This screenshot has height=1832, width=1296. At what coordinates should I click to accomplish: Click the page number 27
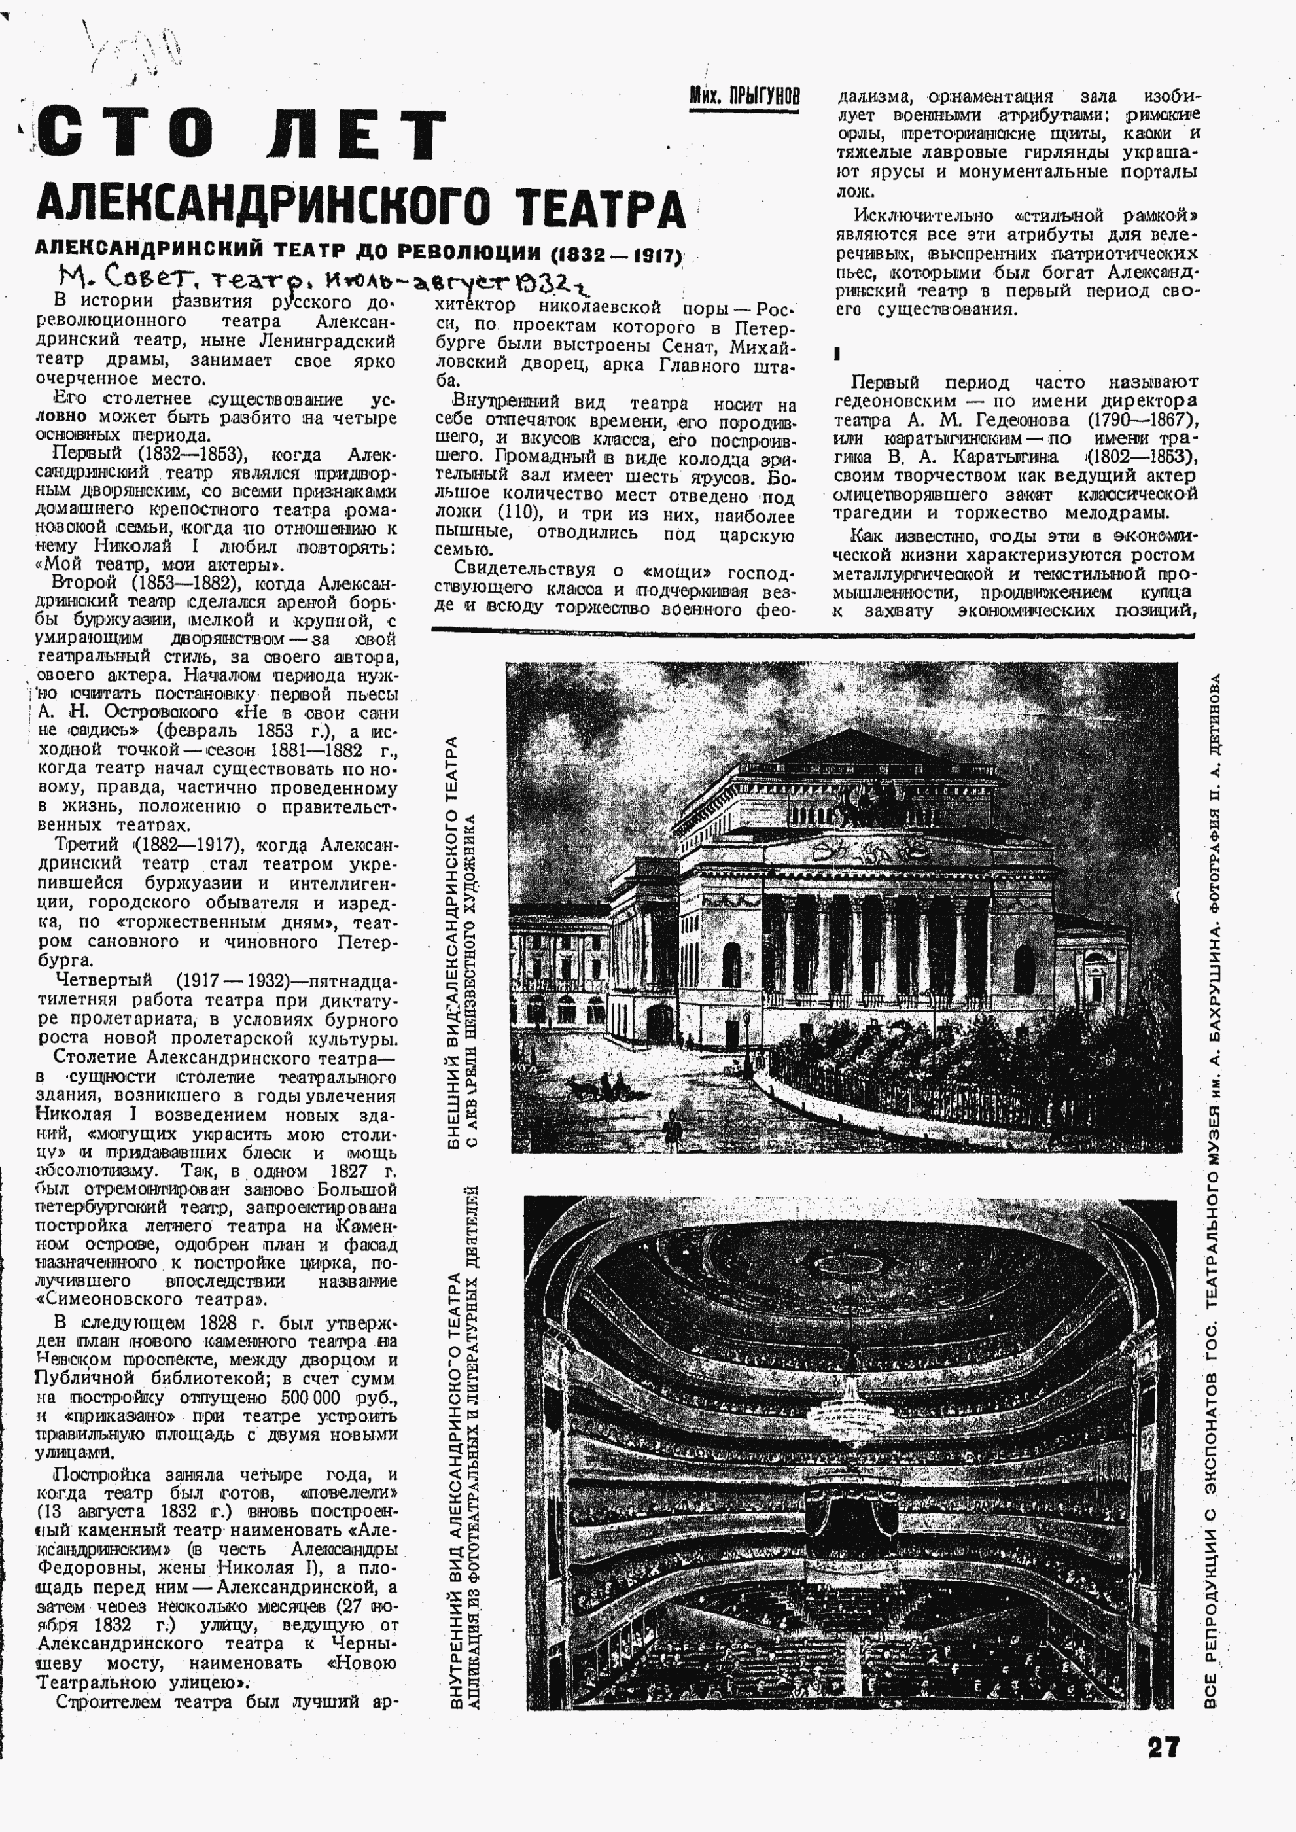click(x=1163, y=1747)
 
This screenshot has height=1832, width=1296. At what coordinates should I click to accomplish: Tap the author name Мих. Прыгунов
click(x=744, y=97)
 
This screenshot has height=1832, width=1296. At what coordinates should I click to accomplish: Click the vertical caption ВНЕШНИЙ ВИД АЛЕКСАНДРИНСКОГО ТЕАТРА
click(x=453, y=942)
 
